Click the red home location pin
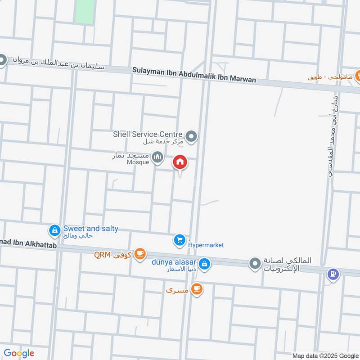click(x=180, y=162)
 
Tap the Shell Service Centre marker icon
click(x=192, y=135)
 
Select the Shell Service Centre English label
click(x=148, y=134)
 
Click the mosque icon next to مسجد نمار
click(x=157, y=157)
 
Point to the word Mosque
click(x=138, y=162)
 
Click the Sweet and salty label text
click(x=90, y=229)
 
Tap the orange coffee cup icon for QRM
click(x=140, y=254)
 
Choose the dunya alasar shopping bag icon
click(x=204, y=264)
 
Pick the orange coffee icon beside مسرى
click(x=196, y=289)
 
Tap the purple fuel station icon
click(x=333, y=274)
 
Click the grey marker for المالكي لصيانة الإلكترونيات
click(x=255, y=264)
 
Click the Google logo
click(x=19, y=353)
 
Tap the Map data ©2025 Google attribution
click(x=324, y=355)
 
